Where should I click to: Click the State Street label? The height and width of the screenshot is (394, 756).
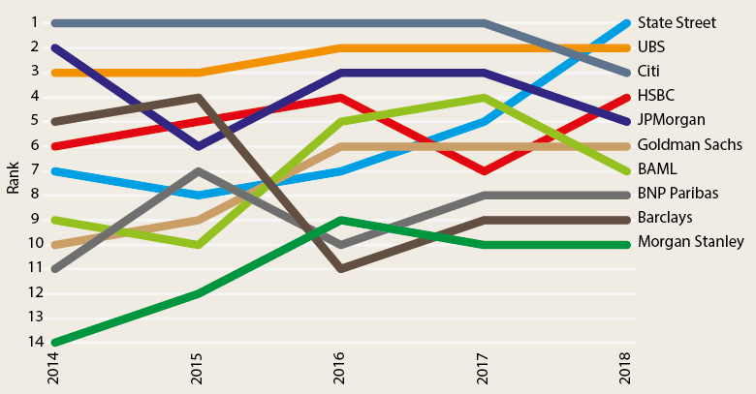coord(677,22)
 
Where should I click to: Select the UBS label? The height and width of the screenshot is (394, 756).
coord(651,46)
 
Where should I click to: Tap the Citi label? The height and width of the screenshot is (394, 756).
coord(648,71)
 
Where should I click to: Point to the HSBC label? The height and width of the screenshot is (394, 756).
coord(656,96)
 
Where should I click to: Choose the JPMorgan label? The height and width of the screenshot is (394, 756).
coord(671,120)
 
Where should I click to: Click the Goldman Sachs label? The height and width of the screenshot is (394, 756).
coord(690,145)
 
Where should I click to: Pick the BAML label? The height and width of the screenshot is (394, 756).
coord(656,169)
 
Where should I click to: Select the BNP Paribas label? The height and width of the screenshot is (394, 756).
coord(677,194)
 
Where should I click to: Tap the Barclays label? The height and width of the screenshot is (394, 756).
coord(664,218)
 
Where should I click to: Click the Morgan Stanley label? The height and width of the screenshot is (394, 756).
coord(691,242)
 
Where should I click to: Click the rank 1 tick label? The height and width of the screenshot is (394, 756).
coord(34,22)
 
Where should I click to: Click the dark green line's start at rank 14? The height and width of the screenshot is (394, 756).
coord(55,342)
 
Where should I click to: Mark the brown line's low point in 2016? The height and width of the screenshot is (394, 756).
coord(339,267)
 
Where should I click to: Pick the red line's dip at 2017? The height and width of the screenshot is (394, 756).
coord(483,169)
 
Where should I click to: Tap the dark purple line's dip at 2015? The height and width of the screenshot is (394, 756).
coord(198,145)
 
